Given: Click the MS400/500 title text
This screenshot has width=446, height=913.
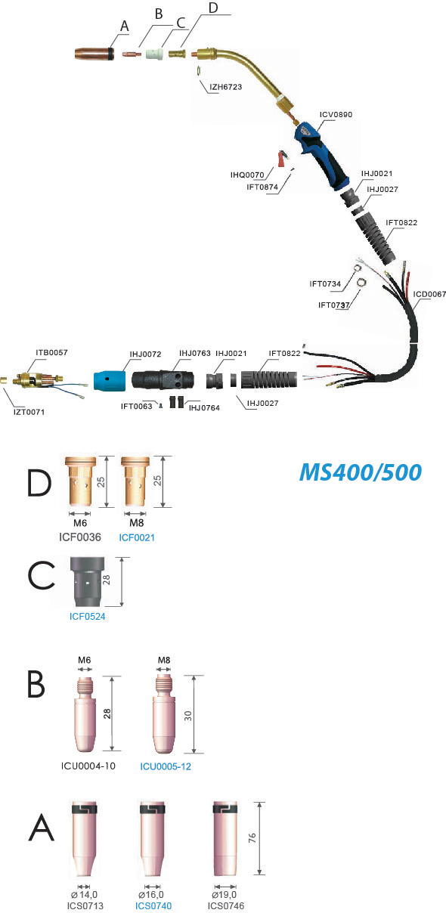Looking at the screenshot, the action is tap(361, 472).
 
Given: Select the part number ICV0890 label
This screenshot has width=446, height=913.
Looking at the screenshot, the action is tap(336, 115).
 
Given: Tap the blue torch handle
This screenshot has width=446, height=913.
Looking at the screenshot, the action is tap(321, 154).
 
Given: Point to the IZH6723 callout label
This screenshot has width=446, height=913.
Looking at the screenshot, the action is tap(225, 87).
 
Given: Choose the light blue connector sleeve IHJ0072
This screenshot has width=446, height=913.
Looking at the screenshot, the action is tap(110, 381).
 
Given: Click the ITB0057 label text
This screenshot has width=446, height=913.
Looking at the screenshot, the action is tap(51, 352).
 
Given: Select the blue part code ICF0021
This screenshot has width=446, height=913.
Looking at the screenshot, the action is tap(137, 537).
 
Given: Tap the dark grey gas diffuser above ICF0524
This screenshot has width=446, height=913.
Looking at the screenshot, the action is tap(88, 582).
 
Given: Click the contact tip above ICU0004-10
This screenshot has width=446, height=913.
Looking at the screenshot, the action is tap(85, 714).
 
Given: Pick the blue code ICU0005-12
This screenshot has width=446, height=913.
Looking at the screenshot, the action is tap(166, 766).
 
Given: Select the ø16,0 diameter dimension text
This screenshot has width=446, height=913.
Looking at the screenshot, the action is tap(151, 895).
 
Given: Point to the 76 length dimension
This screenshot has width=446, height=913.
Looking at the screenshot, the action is tap(252, 838).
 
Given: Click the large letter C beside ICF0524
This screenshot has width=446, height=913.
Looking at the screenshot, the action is tap(41, 574).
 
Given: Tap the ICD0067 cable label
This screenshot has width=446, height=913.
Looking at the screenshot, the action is tap(429, 294).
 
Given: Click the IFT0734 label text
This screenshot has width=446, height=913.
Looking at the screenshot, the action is tap(325, 284).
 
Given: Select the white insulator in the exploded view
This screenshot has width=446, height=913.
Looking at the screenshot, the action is tap(155, 54).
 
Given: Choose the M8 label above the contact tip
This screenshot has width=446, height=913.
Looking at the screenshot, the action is tap(164, 660).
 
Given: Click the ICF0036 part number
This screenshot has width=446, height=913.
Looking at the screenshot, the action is tap(80, 537).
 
